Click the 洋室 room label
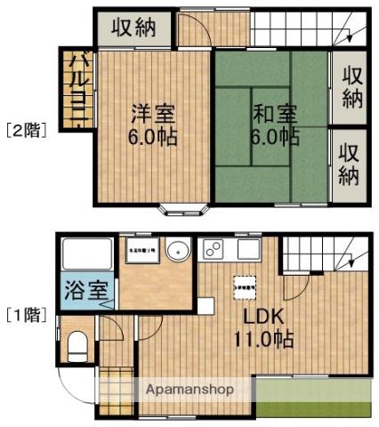154,115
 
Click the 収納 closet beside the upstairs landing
133,28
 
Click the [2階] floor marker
26,129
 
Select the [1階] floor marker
26,314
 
